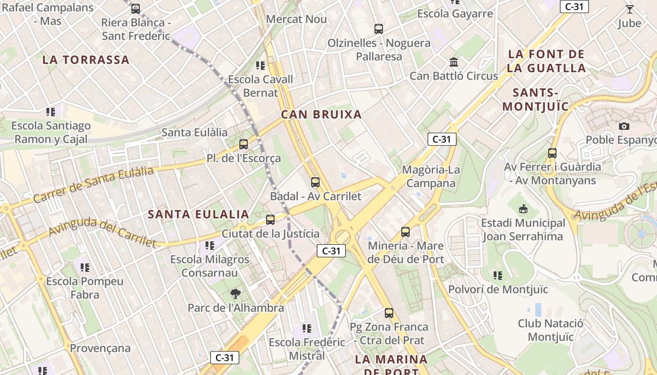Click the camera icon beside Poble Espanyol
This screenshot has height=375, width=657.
pos(624,126)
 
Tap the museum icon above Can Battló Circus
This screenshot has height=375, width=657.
pos(454,62)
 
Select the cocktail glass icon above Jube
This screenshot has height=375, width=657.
pos(629,9)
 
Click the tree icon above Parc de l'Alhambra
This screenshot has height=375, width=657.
pos(236,294)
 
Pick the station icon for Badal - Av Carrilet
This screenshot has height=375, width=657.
pos(315,182)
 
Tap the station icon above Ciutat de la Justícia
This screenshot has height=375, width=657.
pos(270,219)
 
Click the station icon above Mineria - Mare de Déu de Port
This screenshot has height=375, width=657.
pos(405,232)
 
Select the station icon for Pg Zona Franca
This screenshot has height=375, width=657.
pos(389,313)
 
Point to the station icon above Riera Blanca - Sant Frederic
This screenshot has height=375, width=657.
pos(136,8)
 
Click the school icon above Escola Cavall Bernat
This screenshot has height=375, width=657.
pos(260,66)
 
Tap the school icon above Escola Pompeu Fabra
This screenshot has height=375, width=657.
pos(85,268)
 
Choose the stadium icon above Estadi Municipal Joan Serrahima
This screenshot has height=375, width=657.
pos(523,209)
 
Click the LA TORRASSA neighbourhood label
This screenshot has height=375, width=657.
pos(86,60)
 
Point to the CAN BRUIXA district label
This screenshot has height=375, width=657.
pos(321,114)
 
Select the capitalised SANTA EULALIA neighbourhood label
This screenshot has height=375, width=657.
pos(199,215)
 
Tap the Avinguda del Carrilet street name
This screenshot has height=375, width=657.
pos(102,232)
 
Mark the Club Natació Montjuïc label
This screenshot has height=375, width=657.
pos(551,330)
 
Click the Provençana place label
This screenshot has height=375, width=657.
pos(100,348)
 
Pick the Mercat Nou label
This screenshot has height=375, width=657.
pos(297,19)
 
